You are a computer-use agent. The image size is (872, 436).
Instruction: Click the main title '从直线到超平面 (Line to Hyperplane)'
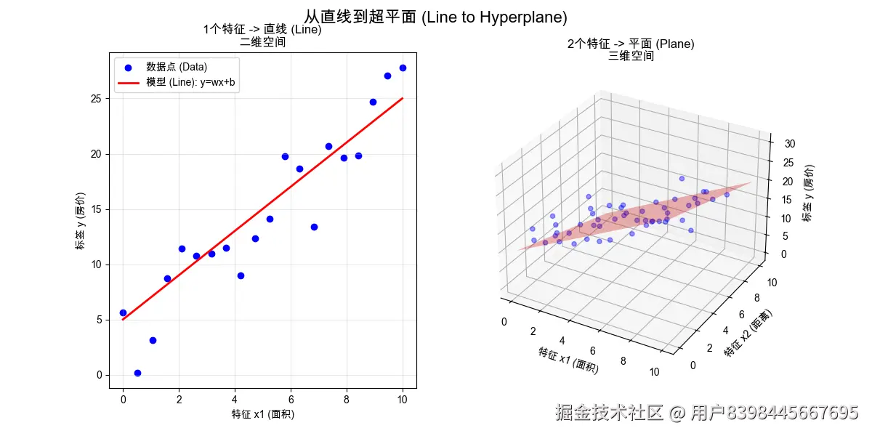click(x=435, y=17)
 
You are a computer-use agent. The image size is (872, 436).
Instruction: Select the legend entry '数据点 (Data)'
click(x=177, y=67)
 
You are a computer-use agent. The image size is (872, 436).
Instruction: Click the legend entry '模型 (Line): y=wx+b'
click(x=190, y=83)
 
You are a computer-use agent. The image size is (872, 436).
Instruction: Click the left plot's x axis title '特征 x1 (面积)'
click(x=263, y=414)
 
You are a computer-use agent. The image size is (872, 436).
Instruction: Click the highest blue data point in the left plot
click(x=403, y=68)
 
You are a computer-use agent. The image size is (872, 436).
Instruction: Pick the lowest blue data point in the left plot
click(x=137, y=373)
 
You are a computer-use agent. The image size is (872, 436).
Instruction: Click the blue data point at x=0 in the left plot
click(x=123, y=312)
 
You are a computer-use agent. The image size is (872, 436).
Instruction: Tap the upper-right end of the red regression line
click(x=402, y=99)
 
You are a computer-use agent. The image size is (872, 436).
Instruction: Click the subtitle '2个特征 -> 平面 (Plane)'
click(x=631, y=44)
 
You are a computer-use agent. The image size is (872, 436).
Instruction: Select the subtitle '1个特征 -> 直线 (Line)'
click(x=262, y=30)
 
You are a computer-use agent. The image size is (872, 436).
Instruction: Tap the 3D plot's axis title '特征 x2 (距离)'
click(x=748, y=333)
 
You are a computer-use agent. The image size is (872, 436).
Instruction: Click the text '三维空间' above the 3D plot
click(x=631, y=56)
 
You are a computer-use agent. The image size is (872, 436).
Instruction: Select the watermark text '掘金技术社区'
click(x=609, y=413)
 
